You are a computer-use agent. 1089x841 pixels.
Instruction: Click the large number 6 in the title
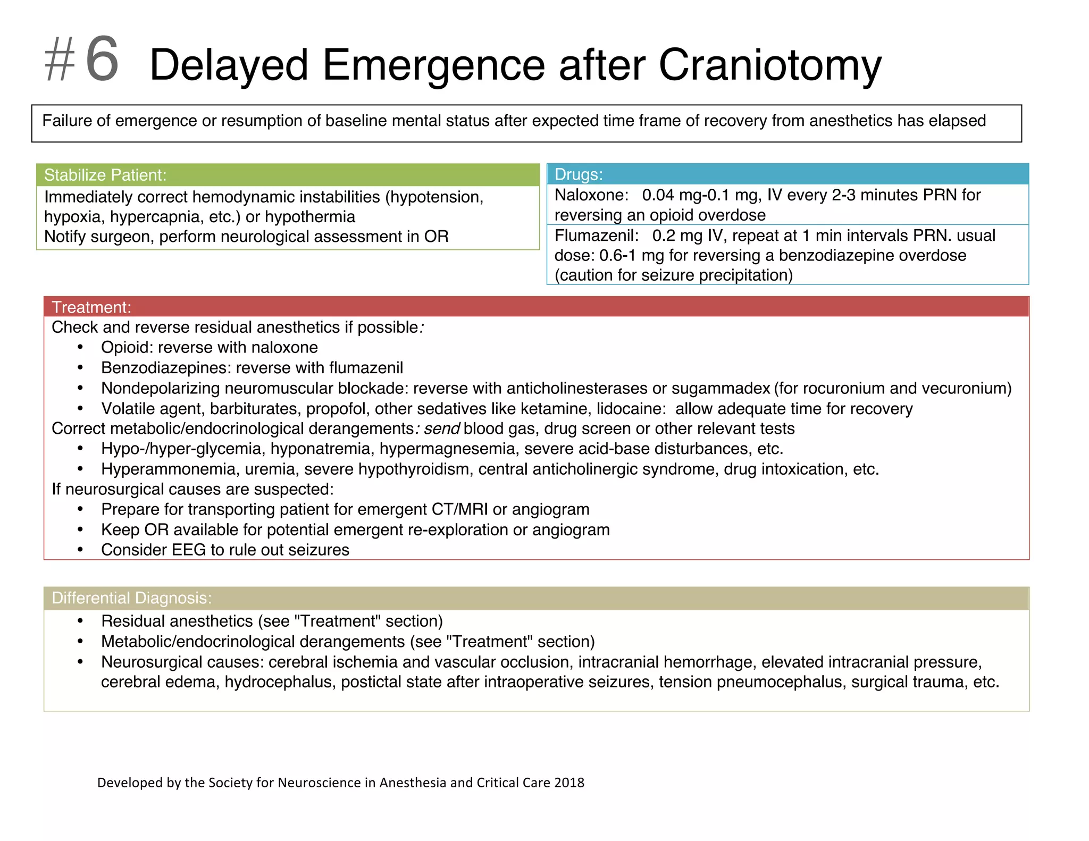(x=102, y=60)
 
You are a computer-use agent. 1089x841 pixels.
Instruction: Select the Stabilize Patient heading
(x=105, y=175)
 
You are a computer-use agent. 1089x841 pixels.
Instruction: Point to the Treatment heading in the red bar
(x=91, y=307)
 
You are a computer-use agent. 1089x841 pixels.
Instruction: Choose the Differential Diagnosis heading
(x=131, y=598)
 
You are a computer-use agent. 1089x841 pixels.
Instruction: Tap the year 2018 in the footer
(x=569, y=783)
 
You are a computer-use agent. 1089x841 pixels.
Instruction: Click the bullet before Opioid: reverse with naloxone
(x=80, y=348)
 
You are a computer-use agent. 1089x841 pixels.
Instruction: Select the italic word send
(x=441, y=428)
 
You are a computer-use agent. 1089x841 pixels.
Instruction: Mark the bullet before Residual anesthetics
(x=80, y=621)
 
